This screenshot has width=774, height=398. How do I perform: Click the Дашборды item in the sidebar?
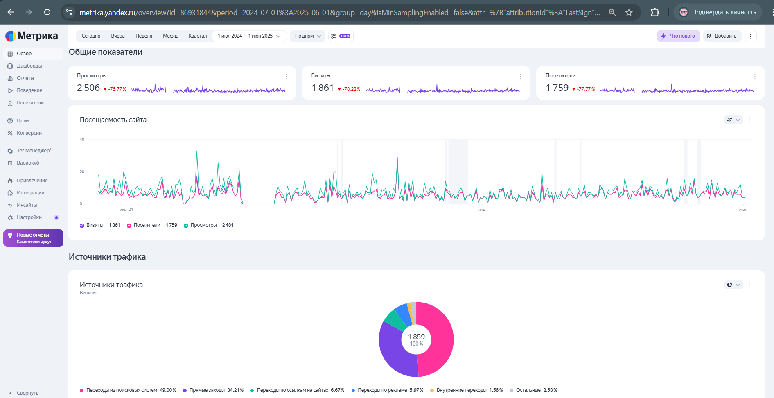click(29, 66)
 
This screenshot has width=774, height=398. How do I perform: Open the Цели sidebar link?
click(23, 121)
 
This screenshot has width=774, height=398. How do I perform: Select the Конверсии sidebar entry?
click(29, 133)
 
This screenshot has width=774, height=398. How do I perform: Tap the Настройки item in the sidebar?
click(29, 217)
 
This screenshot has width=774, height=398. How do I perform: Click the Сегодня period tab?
click(91, 36)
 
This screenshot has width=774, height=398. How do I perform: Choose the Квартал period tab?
click(197, 36)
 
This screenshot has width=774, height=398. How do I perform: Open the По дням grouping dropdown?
click(308, 36)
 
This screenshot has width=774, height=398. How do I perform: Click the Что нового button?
click(678, 36)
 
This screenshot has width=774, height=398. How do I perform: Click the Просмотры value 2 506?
click(88, 88)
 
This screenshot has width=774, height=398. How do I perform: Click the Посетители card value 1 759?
click(557, 88)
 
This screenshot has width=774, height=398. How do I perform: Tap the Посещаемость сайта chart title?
click(113, 120)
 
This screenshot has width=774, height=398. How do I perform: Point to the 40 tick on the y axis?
click(82, 140)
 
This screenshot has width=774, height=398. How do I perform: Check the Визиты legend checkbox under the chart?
click(82, 225)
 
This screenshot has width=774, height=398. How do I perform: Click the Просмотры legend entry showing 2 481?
click(209, 225)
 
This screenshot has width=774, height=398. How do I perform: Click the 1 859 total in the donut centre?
click(416, 337)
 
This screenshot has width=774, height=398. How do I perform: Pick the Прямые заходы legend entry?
click(213, 390)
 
